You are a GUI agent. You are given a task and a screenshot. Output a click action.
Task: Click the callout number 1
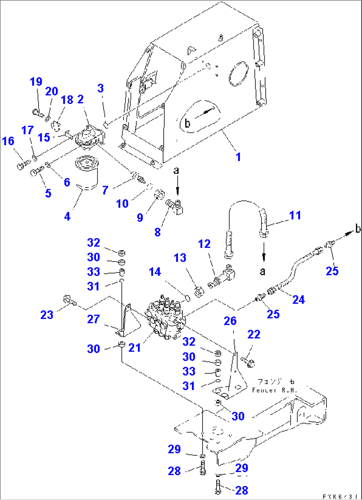coord(238,156)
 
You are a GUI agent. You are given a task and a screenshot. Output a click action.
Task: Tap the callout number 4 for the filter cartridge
coord(67,217)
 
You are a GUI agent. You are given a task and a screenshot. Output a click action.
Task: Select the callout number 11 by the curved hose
coord(295,215)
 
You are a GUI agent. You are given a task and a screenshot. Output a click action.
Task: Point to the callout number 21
coord(135,348)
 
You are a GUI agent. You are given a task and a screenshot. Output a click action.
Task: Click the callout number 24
coord(298,300)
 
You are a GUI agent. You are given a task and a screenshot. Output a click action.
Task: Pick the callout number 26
coord(230,321)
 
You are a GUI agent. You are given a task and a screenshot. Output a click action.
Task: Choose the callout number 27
coord(93,319)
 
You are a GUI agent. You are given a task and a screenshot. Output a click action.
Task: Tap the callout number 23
coord(47,315)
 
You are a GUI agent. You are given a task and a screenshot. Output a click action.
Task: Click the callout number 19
coord(36,82)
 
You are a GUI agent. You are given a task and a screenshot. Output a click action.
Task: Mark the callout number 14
coord(155,272)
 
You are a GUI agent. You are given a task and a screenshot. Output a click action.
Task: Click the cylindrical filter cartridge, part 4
coord(86,174)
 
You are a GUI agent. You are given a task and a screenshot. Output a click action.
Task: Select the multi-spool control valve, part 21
coord(165,317)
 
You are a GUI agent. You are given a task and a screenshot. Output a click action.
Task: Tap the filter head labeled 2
coord(88,139)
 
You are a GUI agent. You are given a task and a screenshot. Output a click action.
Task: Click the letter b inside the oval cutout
coord(187,123)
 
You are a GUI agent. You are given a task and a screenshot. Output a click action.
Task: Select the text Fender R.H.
coord(274,390)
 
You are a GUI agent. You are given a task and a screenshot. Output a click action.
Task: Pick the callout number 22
coord(254,335)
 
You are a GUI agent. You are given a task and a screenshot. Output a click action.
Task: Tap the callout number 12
coord(204,244)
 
